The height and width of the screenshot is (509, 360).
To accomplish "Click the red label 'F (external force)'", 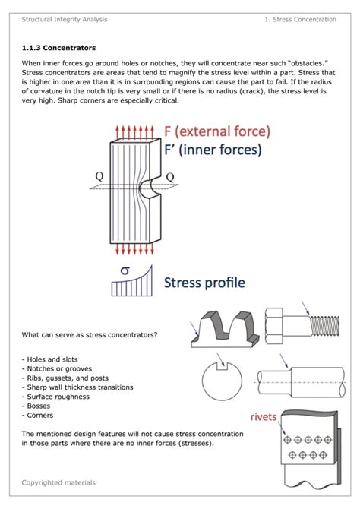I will [x=217, y=131].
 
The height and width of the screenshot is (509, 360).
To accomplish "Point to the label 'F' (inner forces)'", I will [x=212, y=150].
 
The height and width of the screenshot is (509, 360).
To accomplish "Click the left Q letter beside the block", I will [x=99, y=178].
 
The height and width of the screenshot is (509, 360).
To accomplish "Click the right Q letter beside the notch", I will [x=169, y=177].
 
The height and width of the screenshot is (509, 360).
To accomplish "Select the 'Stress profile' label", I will [x=205, y=283].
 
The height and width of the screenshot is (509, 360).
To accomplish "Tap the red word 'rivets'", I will [x=264, y=416].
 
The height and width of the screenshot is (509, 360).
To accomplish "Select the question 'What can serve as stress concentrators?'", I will [x=89, y=334].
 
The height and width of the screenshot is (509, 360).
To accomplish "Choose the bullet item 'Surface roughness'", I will [x=55, y=397].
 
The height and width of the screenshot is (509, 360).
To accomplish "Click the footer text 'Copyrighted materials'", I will [x=58, y=482].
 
